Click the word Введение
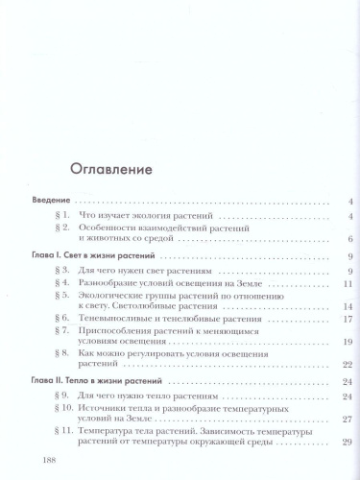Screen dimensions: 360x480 pyautogui.click(x=51, y=202)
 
